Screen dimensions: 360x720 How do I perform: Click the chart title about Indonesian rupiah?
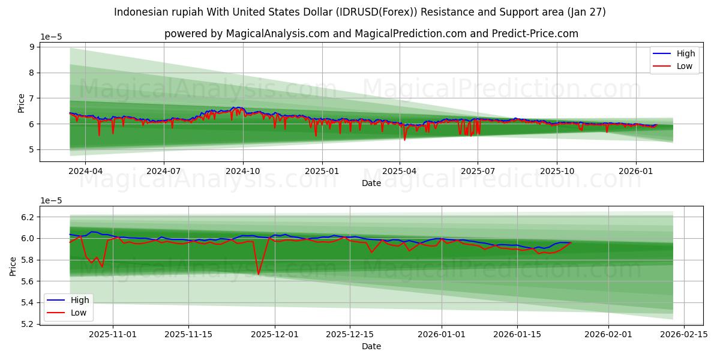tap(359, 12)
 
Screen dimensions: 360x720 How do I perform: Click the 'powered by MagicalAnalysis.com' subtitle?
tap(371, 34)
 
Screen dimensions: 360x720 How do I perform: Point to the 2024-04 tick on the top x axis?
tap(85, 171)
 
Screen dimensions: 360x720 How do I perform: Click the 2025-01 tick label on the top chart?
tap(322, 171)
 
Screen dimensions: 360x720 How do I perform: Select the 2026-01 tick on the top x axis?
tap(636, 171)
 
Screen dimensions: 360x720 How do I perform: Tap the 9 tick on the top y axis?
tap(31, 47)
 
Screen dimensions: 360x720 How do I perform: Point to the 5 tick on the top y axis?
tap(31, 149)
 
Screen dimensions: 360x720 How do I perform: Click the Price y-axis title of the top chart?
tap(21, 103)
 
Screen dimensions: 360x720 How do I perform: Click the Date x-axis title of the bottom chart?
tap(371, 346)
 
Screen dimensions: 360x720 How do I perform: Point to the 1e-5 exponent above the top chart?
tap(51, 37)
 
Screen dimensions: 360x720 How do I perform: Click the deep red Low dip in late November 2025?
tap(258, 274)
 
